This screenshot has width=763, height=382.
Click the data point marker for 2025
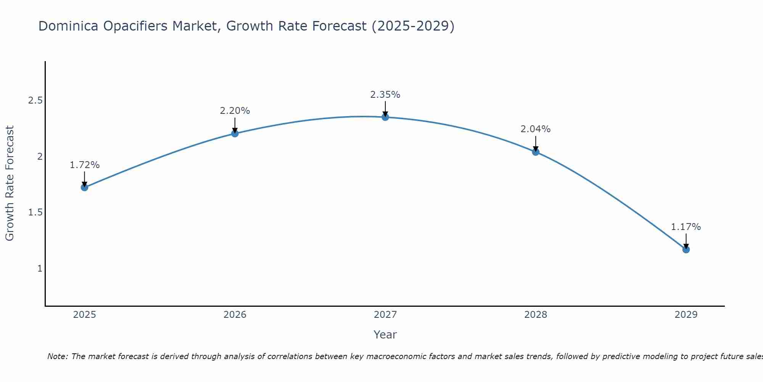pos(85,187)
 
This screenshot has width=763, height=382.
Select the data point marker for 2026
pos(235,133)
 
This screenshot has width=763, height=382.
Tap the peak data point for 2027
pos(385,117)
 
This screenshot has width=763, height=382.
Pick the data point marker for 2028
pos(536,152)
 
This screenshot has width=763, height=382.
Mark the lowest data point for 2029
pos(686,249)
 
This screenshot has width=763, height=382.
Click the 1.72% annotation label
pos(85,165)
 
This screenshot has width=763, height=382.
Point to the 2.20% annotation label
pos(235,111)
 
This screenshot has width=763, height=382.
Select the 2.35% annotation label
pos(385,95)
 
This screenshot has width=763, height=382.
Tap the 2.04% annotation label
pos(536,129)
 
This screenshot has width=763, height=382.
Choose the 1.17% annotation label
pos(686,227)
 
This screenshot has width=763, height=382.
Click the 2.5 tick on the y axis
pos(35,100)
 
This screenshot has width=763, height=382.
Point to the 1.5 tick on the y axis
pos(35,212)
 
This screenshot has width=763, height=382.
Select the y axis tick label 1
pos(40,269)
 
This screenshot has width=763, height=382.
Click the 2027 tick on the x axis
pos(385,315)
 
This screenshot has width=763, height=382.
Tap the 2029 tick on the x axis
pos(686,315)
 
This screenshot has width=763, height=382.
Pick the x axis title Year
pos(385,335)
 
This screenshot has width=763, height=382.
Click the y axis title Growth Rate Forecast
pos(10,183)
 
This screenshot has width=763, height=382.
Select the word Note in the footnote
pos(57,356)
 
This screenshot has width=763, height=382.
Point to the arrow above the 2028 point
pos(536,143)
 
